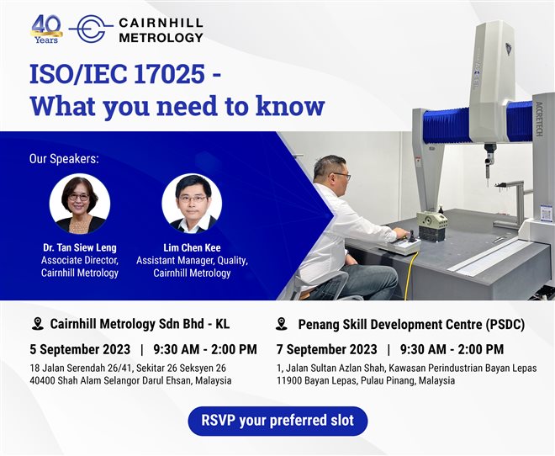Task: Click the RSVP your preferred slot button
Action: (x=277, y=420)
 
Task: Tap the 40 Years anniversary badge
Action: (x=47, y=29)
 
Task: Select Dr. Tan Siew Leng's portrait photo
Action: (x=80, y=204)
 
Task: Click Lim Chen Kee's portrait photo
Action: (x=192, y=204)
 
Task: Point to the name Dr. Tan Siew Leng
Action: (x=80, y=248)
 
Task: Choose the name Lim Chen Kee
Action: (x=192, y=248)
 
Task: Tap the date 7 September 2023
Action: (x=327, y=349)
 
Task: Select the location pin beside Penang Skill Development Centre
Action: (x=282, y=324)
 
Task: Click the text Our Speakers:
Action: (x=64, y=158)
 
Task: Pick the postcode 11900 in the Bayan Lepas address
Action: (x=293, y=381)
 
